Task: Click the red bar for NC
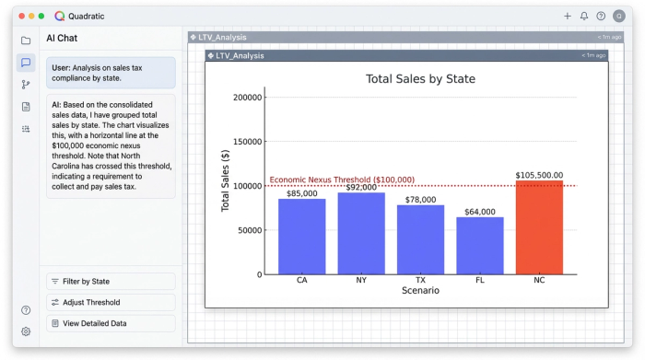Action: click(x=539, y=227)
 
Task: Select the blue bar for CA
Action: click(x=302, y=237)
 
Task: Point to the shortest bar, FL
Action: click(x=480, y=246)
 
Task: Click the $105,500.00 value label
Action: click(x=539, y=175)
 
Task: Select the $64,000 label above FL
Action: click(x=480, y=212)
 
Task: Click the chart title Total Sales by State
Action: click(x=420, y=79)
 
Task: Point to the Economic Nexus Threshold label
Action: click(x=342, y=180)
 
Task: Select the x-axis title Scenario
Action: click(x=420, y=291)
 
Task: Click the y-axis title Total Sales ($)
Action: click(x=225, y=180)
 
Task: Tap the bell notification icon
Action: click(x=583, y=16)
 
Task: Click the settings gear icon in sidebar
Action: click(x=26, y=331)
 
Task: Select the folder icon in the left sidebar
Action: click(x=26, y=41)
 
